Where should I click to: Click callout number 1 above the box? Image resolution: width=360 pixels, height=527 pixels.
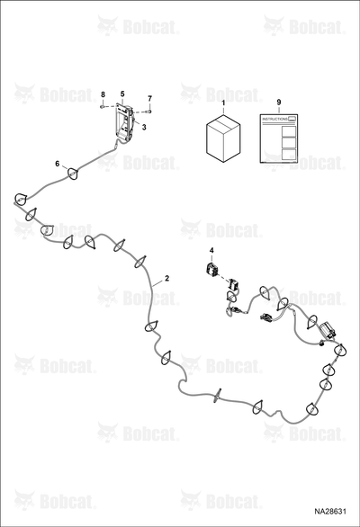[223, 102]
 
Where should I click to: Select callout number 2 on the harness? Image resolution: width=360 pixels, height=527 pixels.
[166, 278]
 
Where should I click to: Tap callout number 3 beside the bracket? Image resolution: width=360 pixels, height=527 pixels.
[144, 128]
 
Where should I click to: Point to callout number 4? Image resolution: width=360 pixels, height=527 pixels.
[211, 250]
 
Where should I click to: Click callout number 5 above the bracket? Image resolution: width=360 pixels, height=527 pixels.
[122, 94]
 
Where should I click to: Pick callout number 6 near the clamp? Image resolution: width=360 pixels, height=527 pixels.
[58, 164]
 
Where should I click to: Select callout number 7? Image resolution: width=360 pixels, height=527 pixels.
[149, 99]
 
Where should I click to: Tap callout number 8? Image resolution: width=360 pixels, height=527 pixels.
[103, 94]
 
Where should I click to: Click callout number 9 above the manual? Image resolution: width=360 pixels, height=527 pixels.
[279, 102]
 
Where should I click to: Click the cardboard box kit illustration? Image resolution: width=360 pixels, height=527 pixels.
[223, 138]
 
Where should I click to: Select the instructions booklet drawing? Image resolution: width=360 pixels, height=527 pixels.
[279, 138]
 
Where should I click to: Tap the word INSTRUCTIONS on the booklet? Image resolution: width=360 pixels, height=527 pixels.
[274, 120]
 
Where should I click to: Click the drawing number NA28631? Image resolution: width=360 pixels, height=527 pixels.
[330, 512]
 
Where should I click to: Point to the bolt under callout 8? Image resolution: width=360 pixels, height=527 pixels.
[102, 106]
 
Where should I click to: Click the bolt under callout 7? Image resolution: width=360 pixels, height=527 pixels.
[149, 111]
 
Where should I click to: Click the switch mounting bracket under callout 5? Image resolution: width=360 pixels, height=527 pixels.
[123, 122]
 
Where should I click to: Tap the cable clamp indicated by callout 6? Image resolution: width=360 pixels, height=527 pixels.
[73, 173]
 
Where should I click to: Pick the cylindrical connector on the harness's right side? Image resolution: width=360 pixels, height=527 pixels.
[327, 330]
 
